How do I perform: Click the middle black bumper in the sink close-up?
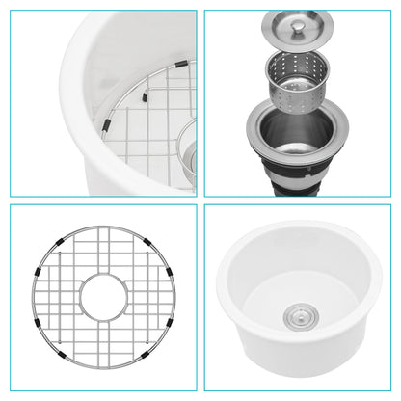coord(144,96)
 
